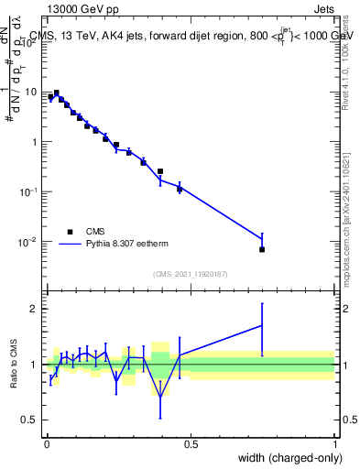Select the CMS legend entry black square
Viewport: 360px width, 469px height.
tap(69, 232)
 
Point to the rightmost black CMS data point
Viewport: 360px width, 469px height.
tap(262, 249)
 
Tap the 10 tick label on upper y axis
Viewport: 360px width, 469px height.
tap(31, 92)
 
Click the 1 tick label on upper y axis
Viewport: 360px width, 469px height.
tap(34, 142)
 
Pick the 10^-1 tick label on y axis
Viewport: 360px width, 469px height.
tap(29, 191)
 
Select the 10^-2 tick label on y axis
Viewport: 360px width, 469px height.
tap(29, 242)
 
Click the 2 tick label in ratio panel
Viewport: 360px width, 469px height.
tap(33, 309)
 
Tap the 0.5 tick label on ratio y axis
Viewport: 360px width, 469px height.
tap(28, 420)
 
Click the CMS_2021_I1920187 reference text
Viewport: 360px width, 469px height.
tap(190, 274)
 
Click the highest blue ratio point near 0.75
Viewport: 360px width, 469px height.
tap(262, 325)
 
